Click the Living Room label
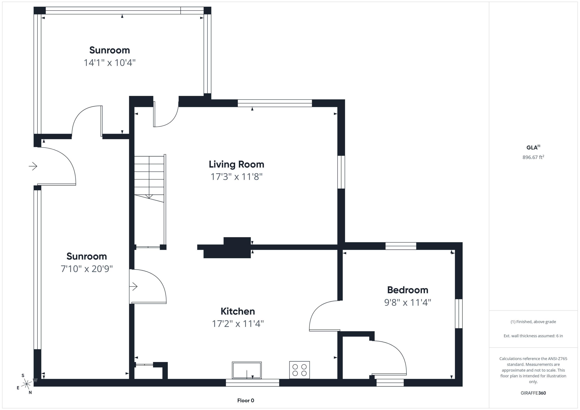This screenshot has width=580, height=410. coord(236,164)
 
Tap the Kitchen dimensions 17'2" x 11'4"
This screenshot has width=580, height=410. coord(238,323)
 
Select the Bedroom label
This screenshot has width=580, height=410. coord(408,290)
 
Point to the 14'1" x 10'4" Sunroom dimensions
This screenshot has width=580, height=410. coord(110,62)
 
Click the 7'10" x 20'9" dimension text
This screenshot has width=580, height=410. coord(87,269)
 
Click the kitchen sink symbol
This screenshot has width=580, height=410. coord(247,370)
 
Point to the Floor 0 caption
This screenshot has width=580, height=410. coord(246,400)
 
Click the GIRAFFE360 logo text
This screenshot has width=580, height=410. coord(533,393)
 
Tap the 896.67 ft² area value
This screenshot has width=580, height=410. coord(533,157)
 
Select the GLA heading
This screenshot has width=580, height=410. coord(533,147)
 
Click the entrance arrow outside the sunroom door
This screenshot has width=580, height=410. coord(33,166)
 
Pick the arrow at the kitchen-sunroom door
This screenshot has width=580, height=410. coord(133,287)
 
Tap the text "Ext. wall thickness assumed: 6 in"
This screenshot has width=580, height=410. coord(533,336)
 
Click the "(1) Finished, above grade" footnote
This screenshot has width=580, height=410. coord(533,322)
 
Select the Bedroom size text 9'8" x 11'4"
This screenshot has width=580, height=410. coord(408,302)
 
